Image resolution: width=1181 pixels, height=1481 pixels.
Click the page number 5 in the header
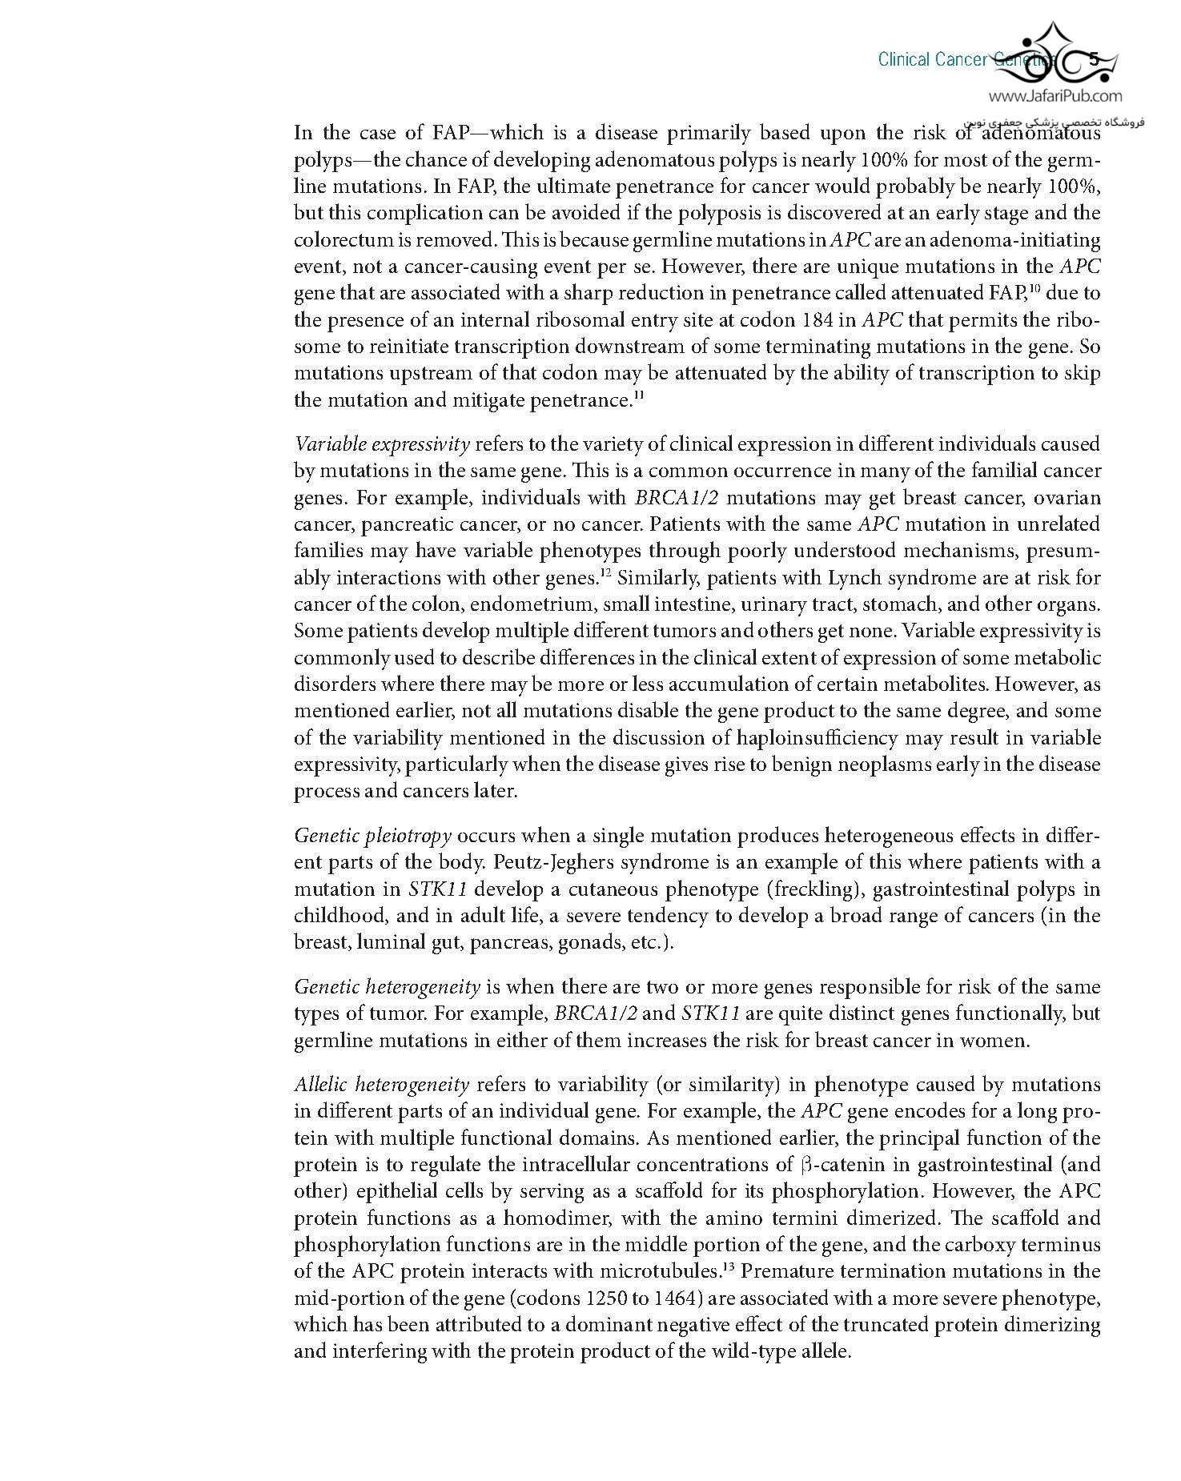[x=1094, y=59]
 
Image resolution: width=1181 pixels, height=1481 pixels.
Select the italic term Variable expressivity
[x=382, y=444]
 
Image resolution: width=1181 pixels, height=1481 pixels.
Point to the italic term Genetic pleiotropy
[x=372, y=836]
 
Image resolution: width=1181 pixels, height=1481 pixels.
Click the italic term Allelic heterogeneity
[x=381, y=1085]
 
